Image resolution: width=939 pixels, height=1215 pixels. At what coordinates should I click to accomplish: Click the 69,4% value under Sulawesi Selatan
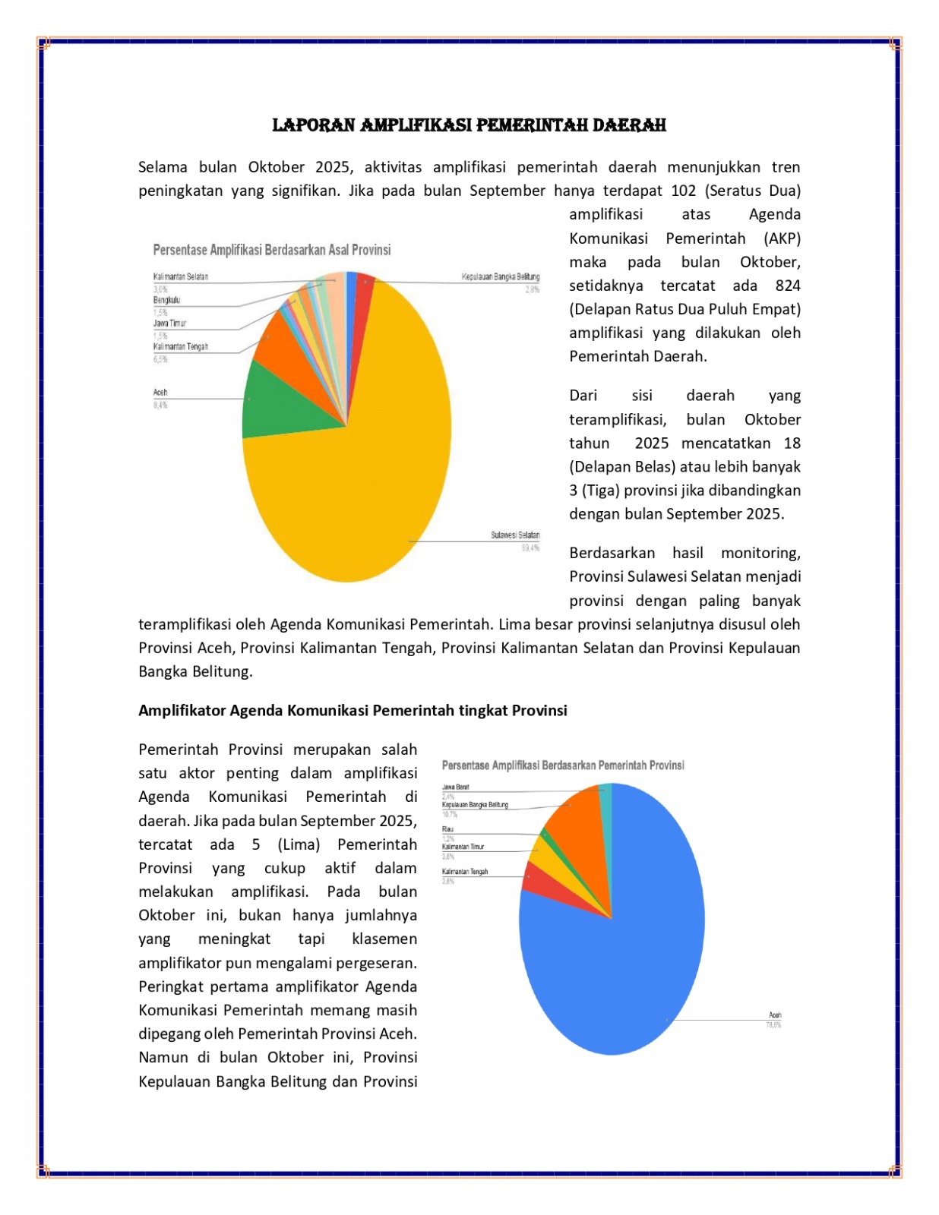[x=530, y=548]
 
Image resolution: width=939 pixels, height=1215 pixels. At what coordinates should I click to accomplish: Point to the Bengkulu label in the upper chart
[x=166, y=300]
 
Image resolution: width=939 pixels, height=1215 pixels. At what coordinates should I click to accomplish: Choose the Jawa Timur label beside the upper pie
[x=169, y=323]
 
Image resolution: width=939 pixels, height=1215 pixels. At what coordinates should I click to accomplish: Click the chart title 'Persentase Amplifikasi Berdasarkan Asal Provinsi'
[x=272, y=250]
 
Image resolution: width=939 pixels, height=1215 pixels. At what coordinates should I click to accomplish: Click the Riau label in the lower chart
[x=447, y=829]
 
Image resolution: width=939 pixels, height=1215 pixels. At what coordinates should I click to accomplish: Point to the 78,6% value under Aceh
[x=773, y=1025]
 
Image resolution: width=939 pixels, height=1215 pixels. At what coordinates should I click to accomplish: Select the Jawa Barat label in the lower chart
[x=455, y=787]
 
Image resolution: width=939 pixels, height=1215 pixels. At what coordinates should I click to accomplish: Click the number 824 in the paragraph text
[x=788, y=286]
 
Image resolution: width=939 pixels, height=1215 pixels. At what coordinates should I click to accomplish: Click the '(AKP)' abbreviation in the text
[x=782, y=238]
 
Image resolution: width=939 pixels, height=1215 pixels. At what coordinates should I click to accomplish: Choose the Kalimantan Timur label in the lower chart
[x=463, y=847]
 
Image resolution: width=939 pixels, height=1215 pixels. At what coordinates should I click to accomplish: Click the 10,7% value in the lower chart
[x=450, y=814]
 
